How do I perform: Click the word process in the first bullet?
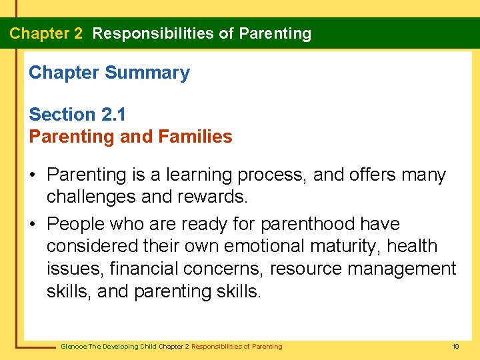(x=270, y=175)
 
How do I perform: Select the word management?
(x=409, y=269)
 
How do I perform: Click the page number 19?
(x=456, y=347)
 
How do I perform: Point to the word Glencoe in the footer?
(x=73, y=347)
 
